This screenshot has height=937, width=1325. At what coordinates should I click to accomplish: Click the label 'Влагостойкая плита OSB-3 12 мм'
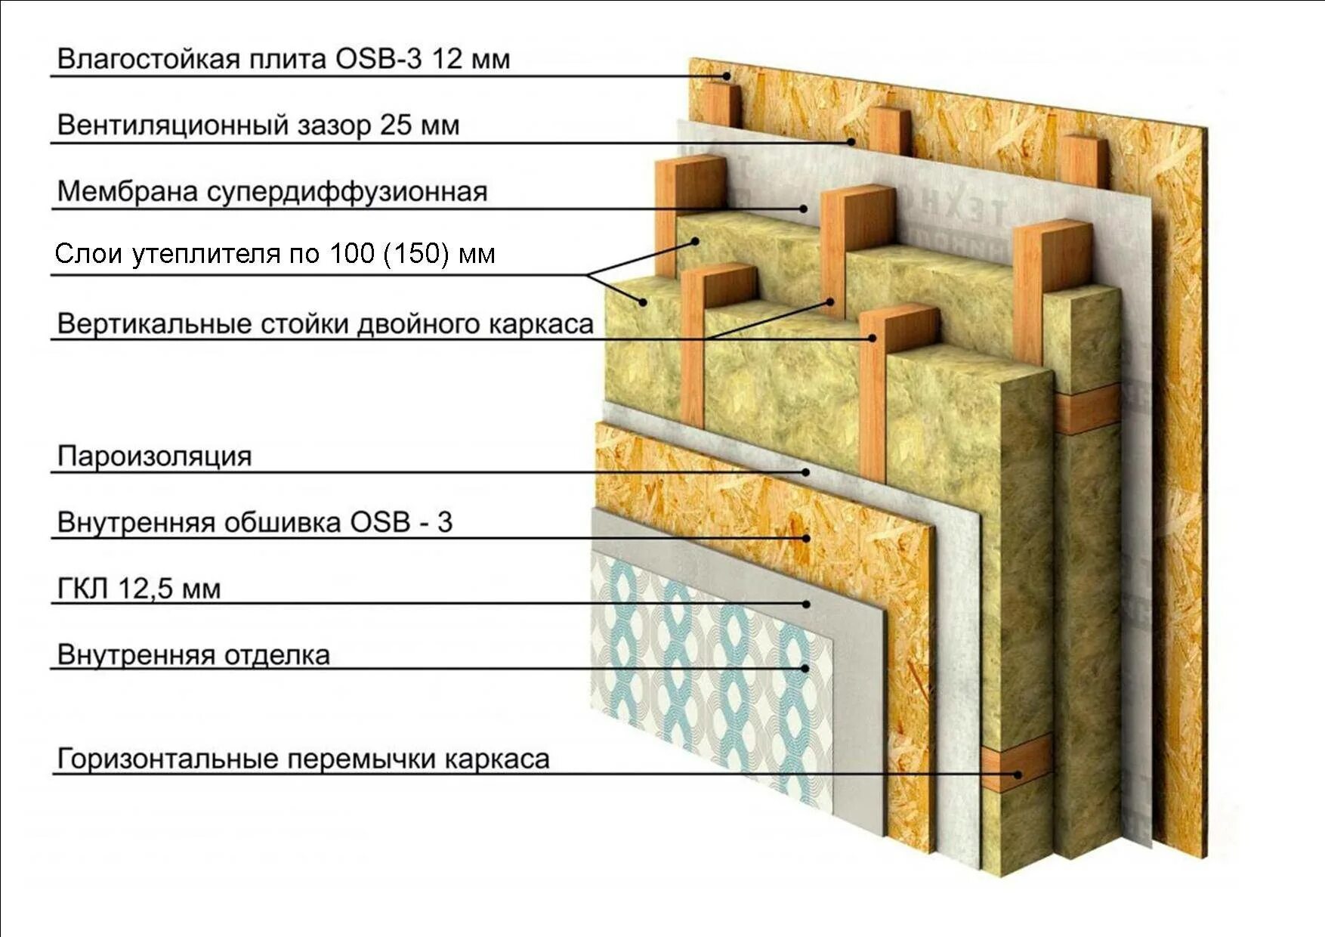(283, 59)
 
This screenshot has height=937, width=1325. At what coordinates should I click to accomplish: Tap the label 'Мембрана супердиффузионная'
(272, 191)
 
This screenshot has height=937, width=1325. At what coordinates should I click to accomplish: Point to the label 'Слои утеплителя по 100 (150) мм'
(275, 253)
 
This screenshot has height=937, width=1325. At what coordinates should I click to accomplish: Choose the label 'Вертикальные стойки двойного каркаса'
(325, 323)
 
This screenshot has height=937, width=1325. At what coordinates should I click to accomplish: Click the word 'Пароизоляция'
(154, 456)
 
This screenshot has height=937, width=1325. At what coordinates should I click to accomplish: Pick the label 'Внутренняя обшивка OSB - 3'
(255, 522)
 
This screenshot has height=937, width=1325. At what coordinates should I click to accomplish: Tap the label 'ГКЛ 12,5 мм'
(139, 589)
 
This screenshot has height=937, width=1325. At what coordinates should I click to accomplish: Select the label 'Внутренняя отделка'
(193, 654)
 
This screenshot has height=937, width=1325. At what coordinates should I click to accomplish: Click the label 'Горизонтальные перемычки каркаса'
(303, 759)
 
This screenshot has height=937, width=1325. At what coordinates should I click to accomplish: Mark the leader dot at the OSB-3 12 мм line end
(727, 76)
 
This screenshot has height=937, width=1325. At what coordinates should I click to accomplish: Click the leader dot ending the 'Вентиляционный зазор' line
(851, 141)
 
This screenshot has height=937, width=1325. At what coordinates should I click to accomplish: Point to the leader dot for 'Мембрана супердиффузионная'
(804, 209)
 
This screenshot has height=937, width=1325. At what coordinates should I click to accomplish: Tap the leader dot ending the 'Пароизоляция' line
(807, 472)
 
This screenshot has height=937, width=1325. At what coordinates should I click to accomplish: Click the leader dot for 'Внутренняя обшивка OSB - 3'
(807, 538)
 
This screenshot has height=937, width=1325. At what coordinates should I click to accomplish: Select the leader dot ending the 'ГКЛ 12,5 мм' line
(807, 604)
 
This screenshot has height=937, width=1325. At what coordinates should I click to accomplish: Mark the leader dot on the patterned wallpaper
(806, 668)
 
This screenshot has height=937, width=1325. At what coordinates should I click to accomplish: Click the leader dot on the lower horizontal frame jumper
(1018, 774)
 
